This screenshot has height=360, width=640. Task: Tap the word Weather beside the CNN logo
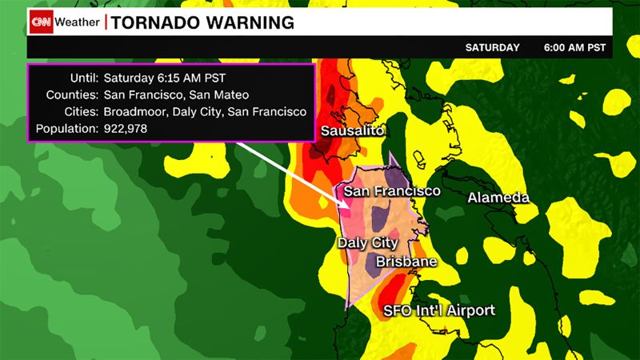coord(80,22)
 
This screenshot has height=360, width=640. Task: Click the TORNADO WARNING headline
coord(202,22)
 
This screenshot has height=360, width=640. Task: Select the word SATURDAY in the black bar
coord(493,48)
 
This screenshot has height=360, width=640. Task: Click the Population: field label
coord(67,128)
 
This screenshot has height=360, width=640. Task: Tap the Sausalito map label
coord(353,130)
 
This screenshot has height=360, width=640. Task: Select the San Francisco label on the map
coord(392,192)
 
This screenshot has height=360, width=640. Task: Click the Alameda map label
coord(498,197)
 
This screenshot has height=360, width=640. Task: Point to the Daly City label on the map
coord(368,242)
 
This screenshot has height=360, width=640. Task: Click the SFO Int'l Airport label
coord(439,310)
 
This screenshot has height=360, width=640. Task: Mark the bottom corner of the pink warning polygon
coord(346,309)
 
